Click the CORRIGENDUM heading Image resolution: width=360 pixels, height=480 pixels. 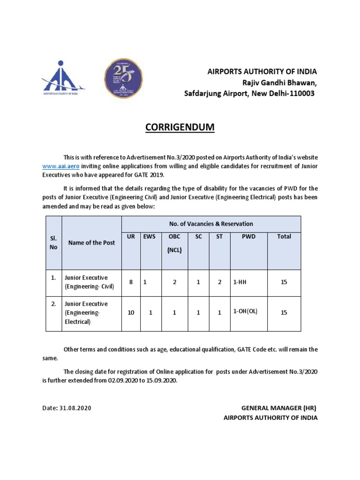[180, 127]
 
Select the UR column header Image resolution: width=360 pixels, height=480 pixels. [131, 237]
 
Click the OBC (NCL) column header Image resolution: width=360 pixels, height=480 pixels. [174, 243]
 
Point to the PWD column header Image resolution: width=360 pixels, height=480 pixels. [248, 237]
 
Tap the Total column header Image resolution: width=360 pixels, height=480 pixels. [284, 237]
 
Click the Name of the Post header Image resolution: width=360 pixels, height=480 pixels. [91, 243]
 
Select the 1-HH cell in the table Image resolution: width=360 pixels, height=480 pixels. [240, 282]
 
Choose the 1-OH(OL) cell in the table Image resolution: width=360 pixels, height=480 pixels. [245, 312]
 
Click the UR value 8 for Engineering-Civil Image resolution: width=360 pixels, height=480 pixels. [131, 282]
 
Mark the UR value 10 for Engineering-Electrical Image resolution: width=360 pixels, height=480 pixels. [131, 313]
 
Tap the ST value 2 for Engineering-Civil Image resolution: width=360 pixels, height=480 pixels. [219, 282]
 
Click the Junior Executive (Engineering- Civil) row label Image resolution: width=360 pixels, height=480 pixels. [86, 282]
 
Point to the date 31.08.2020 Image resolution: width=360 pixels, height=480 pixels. [75, 408]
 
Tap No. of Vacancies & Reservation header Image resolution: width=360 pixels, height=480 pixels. [211, 224]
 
